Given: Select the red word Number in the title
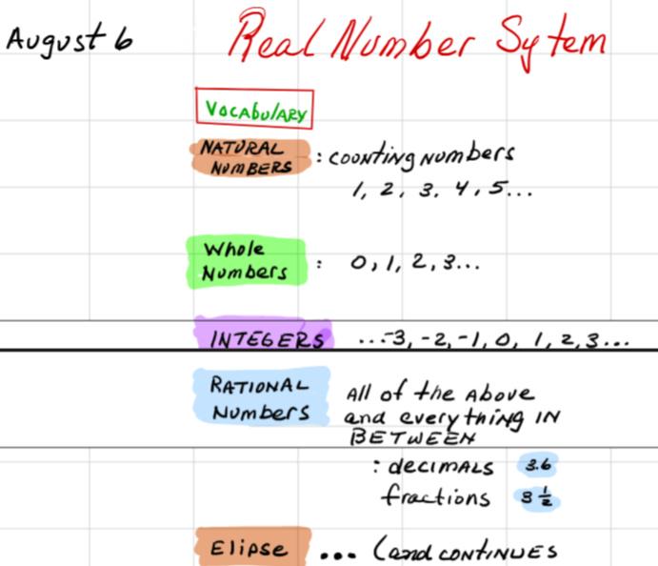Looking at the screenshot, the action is [x=403, y=39].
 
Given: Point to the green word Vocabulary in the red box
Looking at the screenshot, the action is [x=255, y=110].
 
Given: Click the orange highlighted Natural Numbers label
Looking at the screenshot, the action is [x=250, y=157].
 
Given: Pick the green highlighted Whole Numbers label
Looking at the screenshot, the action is [x=246, y=262].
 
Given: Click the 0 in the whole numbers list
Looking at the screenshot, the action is [x=358, y=263].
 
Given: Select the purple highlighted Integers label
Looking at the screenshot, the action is [x=264, y=334].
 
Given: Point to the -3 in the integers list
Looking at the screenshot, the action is [x=395, y=338].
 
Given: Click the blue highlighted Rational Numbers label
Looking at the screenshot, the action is [x=261, y=396].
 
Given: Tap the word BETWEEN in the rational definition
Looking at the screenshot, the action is [x=413, y=437].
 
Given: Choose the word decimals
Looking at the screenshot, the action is [x=441, y=466].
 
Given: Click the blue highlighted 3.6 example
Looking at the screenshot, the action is [x=538, y=464].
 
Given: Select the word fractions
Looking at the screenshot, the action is [x=435, y=495].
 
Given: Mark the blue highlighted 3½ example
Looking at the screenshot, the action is [x=537, y=498].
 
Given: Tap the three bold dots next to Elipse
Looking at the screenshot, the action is [x=338, y=556].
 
